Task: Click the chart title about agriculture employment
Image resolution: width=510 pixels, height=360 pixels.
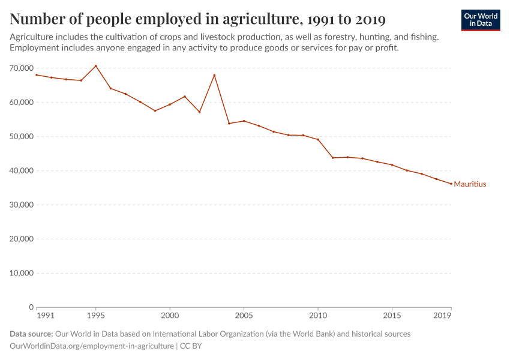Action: tap(198, 19)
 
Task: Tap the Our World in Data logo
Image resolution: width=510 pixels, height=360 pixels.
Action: tap(481, 20)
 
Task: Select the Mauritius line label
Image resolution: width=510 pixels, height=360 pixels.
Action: tap(470, 184)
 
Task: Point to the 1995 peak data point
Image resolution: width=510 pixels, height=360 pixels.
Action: tap(95, 66)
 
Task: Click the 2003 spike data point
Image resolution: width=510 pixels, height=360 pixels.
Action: tap(214, 75)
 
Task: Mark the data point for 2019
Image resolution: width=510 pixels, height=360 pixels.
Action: tap(451, 184)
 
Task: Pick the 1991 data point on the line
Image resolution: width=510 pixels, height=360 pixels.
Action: tap(37, 75)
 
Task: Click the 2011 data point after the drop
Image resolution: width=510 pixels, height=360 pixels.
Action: tap(333, 158)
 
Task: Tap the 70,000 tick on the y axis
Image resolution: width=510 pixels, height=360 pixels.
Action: tap(21, 68)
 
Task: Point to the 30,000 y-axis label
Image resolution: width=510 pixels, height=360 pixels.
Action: tap(21, 205)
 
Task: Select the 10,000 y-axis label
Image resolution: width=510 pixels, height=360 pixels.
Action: tap(21, 273)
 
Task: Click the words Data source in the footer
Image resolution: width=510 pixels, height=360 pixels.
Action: tap(31, 334)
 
